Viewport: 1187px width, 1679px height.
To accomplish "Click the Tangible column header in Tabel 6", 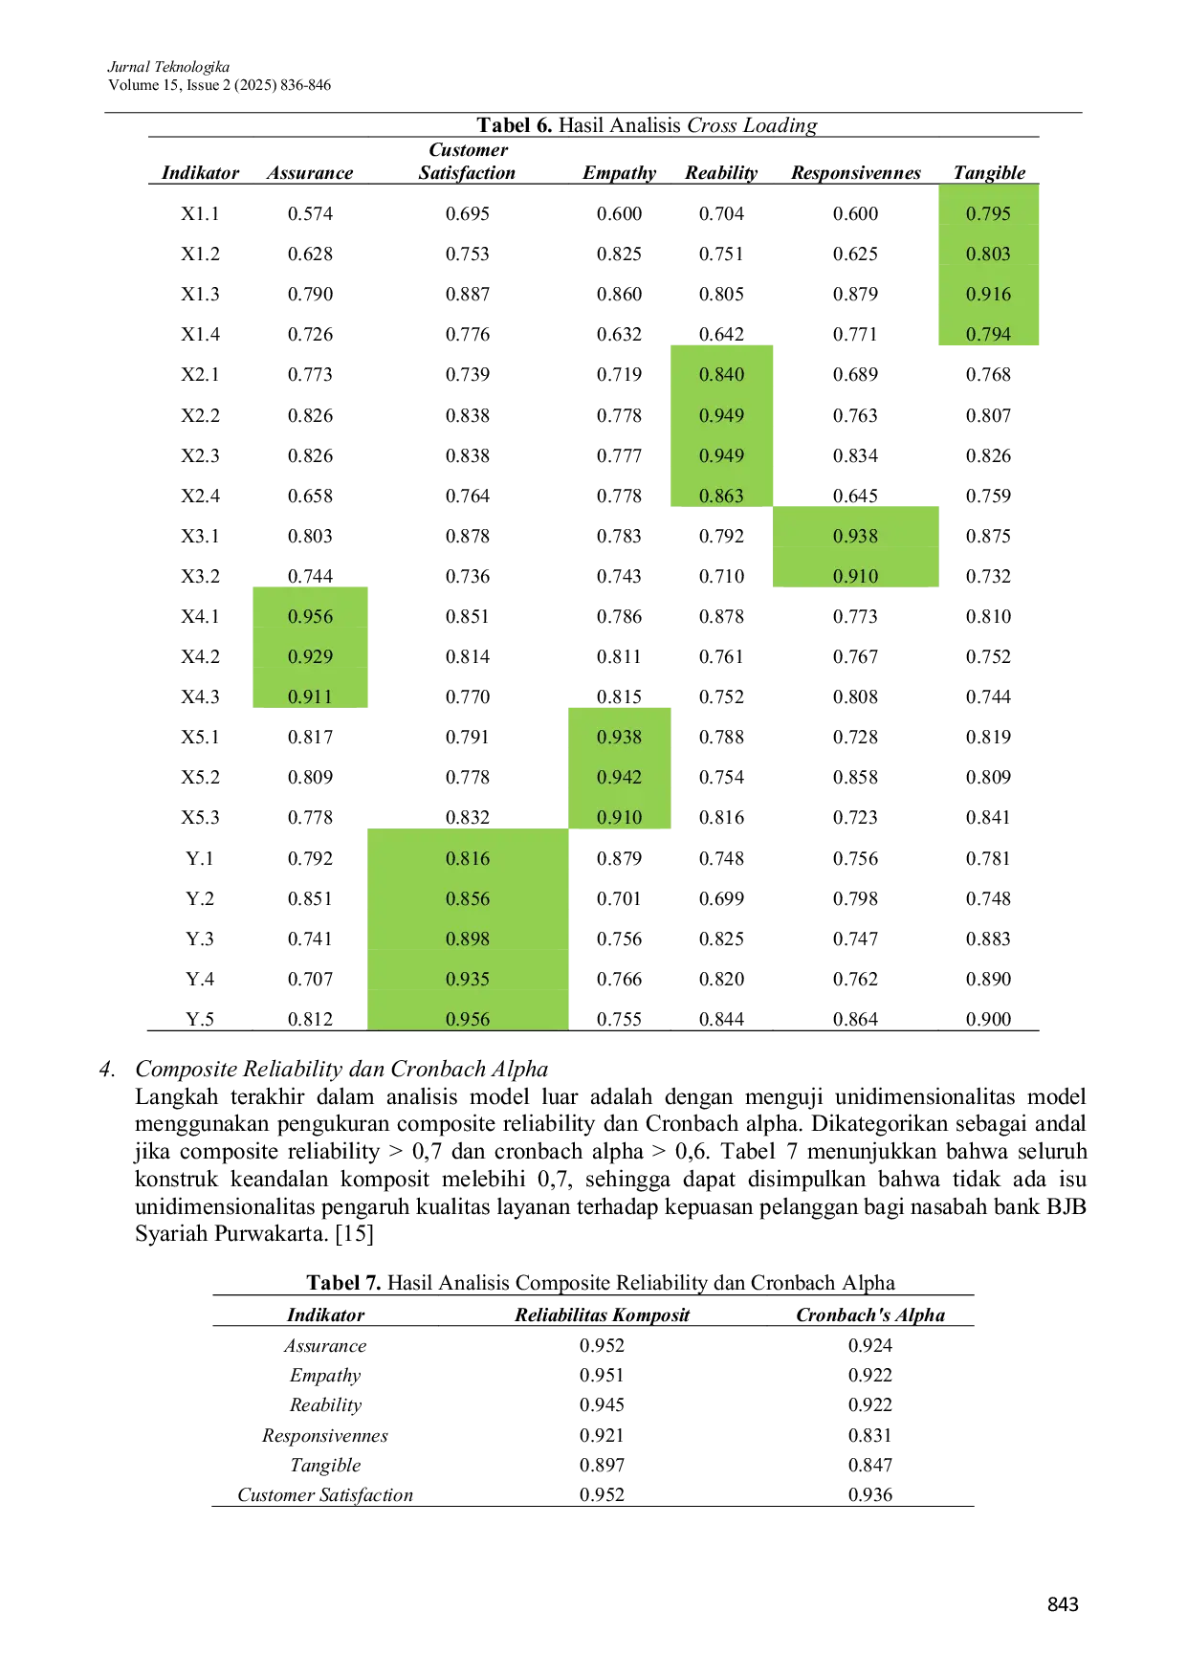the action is [x=989, y=173].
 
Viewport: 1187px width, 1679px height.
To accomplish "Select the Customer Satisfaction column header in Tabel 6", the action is [x=467, y=162].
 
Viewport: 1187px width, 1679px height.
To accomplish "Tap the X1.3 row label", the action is [x=200, y=295].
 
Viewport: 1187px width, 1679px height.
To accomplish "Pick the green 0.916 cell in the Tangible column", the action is [x=988, y=295].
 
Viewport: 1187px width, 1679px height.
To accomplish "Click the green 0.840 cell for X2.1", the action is [x=721, y=375].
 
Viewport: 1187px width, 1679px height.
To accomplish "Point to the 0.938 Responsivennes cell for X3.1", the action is [x=855, y=537].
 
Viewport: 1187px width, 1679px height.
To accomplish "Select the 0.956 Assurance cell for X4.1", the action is [x=310, y=617].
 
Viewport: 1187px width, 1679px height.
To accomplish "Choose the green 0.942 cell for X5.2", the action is [x=619, y=778].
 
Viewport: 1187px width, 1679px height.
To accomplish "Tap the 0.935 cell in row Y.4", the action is [x=467, y=980].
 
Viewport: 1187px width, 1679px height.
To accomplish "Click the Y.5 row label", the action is [x=200, y=1020].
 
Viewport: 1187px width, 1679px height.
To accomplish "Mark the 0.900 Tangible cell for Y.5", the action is [x=988, y=1020].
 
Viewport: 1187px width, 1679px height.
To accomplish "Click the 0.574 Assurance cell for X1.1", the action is [x=310, y=214].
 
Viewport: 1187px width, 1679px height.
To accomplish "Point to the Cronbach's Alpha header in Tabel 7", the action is [x=870, y=1315].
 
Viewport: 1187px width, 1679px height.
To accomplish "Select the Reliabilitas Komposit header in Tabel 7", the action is [x=602, y=1315].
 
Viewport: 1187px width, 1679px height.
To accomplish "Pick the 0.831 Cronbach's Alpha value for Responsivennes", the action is [x=870, y=1436].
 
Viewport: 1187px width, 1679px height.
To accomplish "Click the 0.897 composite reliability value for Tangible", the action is [x=602, y=1466].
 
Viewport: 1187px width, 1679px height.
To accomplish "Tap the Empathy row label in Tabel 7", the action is [x=325, y=1376].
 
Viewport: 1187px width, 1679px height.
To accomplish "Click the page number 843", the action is [x=1063, y=1604].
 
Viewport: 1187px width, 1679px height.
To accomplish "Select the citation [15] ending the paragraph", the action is [x=354, y=1234].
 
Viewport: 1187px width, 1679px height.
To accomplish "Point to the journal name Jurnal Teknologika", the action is [x=168, y=67].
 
